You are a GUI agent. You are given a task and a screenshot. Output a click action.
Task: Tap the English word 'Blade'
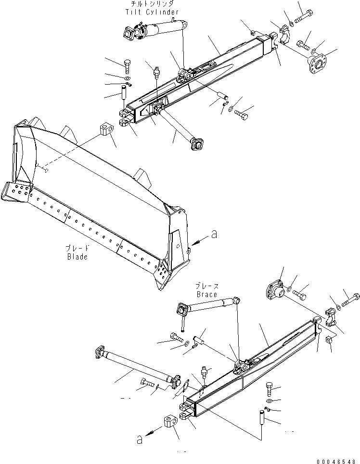point(77,257)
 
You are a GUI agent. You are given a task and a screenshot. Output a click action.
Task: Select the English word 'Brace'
point(206,294)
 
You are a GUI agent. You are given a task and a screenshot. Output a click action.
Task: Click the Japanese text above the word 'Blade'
point(77,249)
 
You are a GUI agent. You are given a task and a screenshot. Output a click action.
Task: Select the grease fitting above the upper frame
point(155,73)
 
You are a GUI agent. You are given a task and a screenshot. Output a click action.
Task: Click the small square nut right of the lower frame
point(330,340)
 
